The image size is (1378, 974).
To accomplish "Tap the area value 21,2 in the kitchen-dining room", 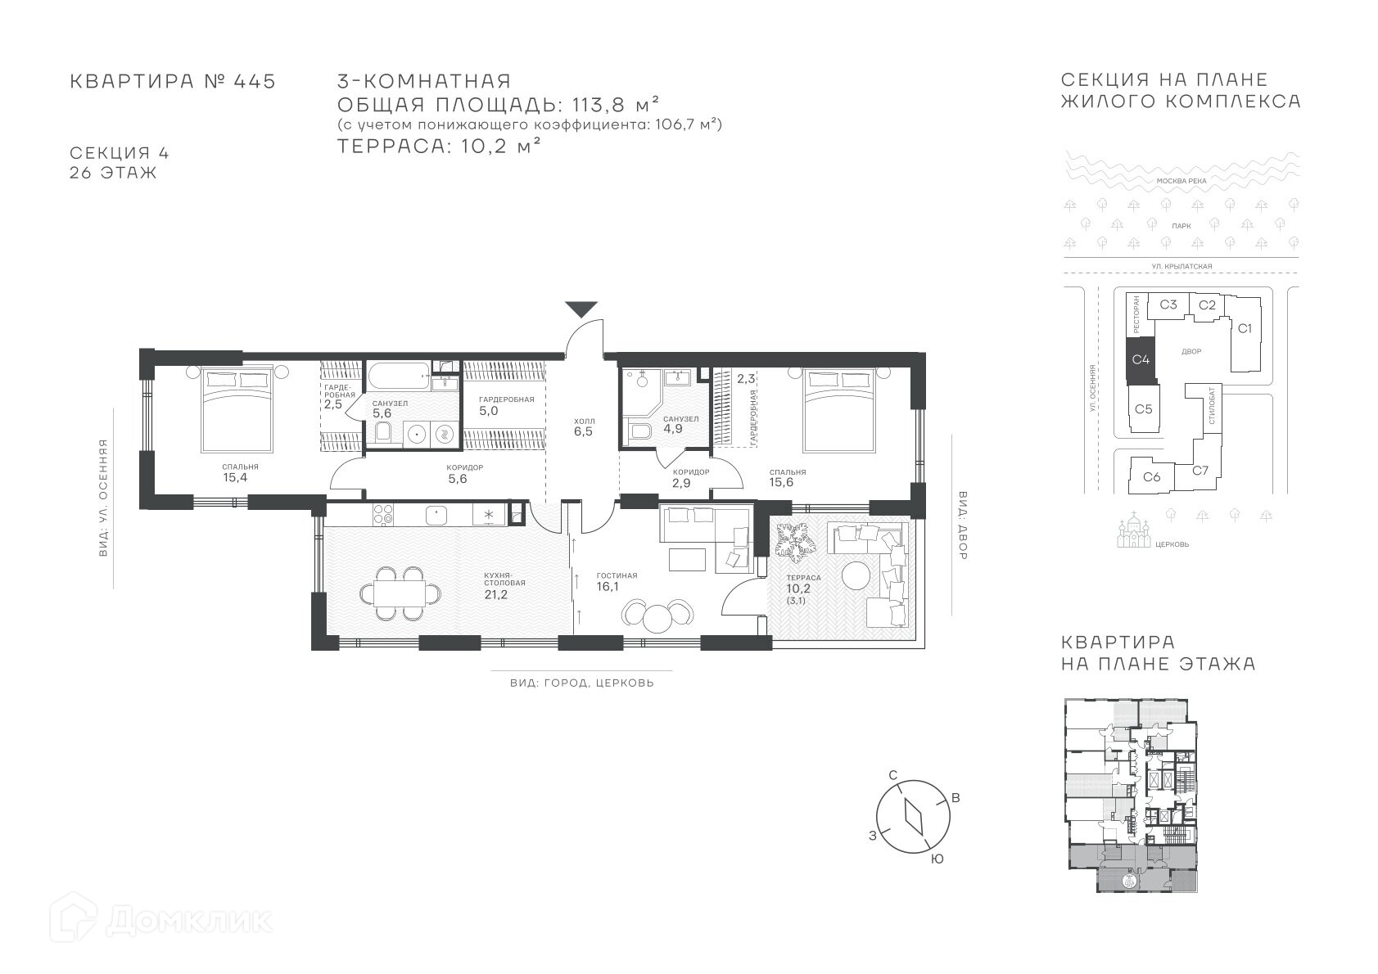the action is (x=496, y=594).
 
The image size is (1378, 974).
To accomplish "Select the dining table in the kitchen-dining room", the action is (x=400, y=593).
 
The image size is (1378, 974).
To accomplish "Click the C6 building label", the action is (x=1151, y=476).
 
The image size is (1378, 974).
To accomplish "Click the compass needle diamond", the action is (x=914, y=817).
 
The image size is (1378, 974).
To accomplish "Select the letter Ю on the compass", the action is (x=937, y=859).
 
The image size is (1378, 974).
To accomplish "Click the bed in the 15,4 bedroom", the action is (x=237, y=409).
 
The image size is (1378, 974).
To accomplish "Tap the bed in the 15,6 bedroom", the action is (x=840, y=410).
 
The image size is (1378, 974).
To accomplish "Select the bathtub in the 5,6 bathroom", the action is (x=400, y=375).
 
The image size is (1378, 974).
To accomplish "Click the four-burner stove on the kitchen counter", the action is (x=383, y=515).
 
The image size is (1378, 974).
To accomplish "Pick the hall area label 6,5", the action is (x=583, y=431).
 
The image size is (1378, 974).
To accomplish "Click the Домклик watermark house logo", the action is (x=73, y=918).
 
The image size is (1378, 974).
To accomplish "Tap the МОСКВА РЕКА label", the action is (x=1181, y=181).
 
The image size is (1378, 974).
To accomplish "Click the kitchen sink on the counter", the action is (x=436, y=514).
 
